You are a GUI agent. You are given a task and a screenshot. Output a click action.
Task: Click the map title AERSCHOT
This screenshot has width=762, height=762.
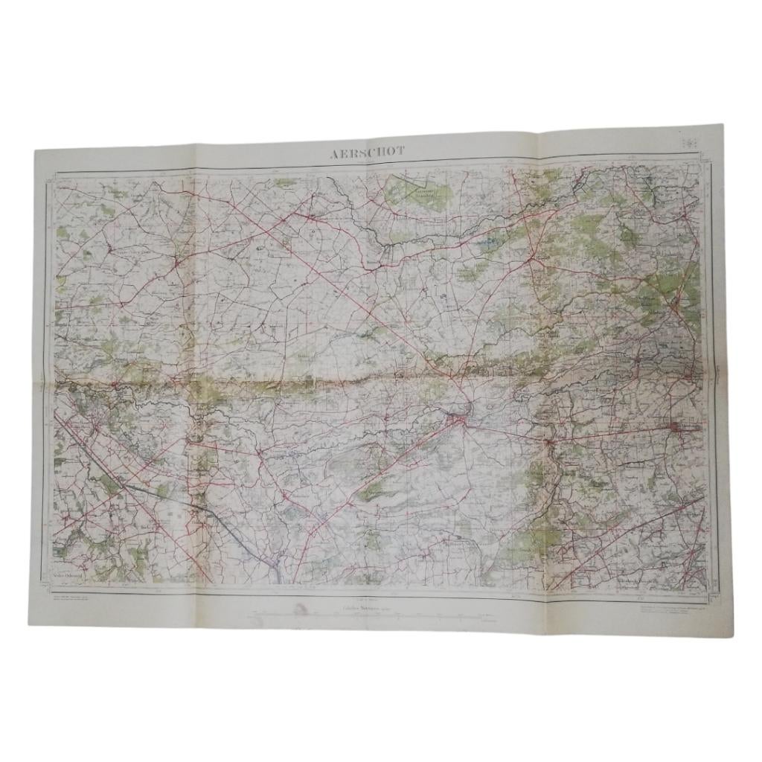(x=368, y=152)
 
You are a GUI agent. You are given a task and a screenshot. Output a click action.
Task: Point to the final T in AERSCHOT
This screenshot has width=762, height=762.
(x=402, y=151)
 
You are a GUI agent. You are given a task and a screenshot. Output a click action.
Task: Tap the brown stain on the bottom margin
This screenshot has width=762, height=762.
(x=303, y=612)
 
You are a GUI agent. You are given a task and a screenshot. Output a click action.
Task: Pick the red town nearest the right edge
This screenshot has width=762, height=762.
(x=679, y=426)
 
